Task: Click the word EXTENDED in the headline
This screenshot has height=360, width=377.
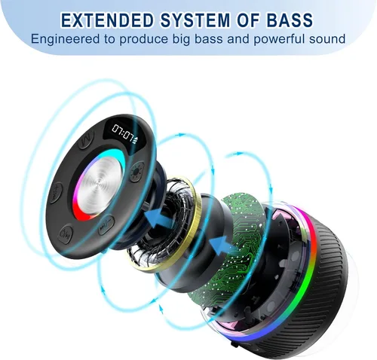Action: click(107, 20)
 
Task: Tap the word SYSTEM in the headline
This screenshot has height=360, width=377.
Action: click(195, 20)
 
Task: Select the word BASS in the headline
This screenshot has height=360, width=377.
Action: click(290, 20)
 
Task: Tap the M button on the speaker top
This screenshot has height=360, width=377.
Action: click(87, 139)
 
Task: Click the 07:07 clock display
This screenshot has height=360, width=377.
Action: click(123, 133)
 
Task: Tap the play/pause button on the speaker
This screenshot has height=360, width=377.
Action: click(106, 224)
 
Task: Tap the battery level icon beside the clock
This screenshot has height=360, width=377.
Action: click(135, 142)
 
